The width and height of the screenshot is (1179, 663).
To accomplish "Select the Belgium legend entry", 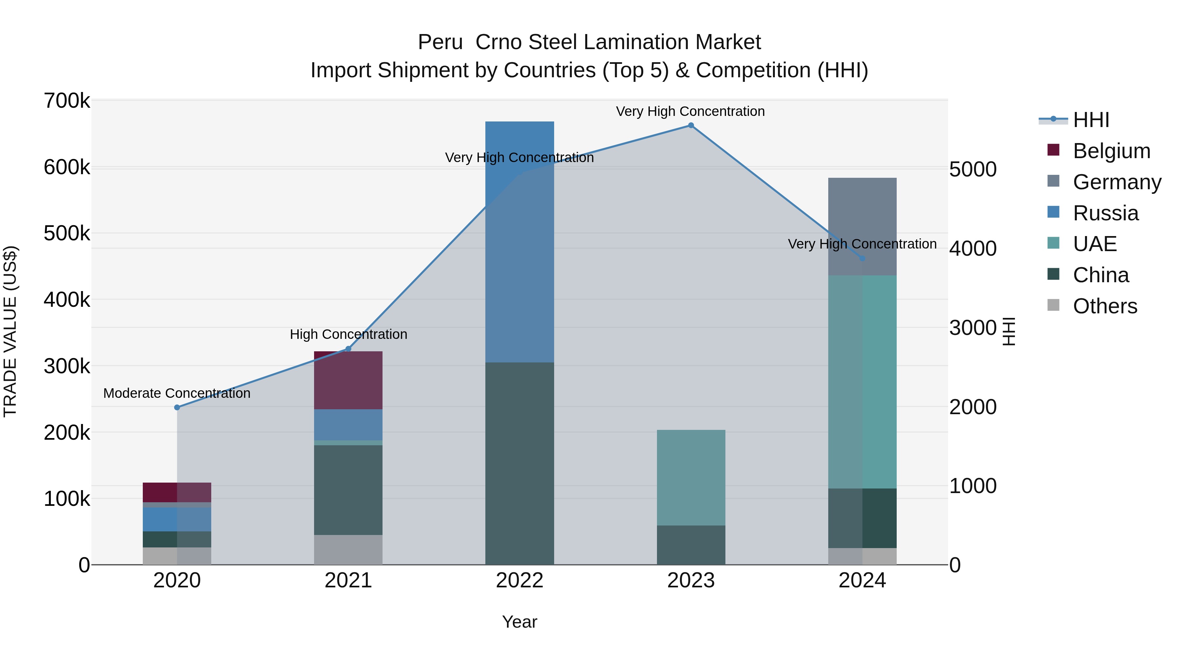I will click(1111, 151).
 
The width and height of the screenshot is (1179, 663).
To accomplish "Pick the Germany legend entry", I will click(1116, 182).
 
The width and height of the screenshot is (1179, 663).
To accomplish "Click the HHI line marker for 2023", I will click(691, 125).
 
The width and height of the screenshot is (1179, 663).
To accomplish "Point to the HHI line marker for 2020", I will click(177, 407).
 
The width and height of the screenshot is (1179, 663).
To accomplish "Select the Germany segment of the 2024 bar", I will click(862, 227).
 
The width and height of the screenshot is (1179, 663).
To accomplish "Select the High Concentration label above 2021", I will click(348, 335).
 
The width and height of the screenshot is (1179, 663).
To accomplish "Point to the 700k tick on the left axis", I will click(67, 101).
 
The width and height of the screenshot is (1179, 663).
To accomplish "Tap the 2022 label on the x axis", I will click(519, 580).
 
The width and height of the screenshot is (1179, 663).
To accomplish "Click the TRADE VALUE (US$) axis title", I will click(10, 331).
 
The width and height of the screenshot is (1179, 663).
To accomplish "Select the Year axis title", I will click(519, 622).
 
